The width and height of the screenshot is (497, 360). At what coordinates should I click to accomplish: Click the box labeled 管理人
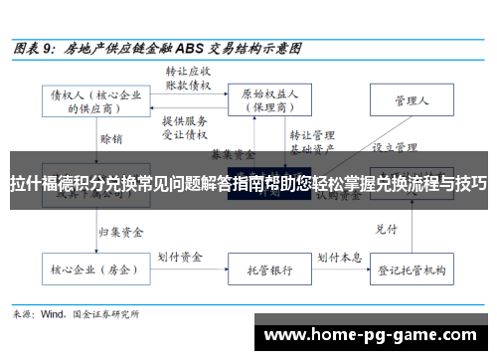coord(410,100)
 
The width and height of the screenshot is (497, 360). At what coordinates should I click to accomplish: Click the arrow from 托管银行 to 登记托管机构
coord(338,242)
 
